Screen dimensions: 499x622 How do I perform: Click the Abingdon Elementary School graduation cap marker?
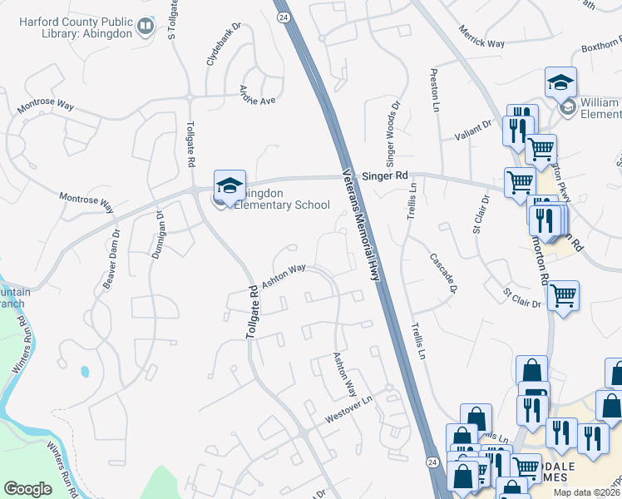click(x=230, y=185)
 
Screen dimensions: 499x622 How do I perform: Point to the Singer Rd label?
click(x=390, y=176)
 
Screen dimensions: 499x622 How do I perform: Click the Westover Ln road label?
click(x=348, y=408)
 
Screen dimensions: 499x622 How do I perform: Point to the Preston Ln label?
click(x=434, y=90)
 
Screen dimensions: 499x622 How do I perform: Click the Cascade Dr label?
click(x=444, y=273)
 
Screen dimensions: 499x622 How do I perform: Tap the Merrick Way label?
click(x=481, y=40)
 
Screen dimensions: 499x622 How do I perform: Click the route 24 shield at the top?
click(x=284, y=17)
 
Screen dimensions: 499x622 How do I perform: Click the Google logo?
click(x=28, y=489)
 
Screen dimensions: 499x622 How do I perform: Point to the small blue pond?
click(x=84, y=371)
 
